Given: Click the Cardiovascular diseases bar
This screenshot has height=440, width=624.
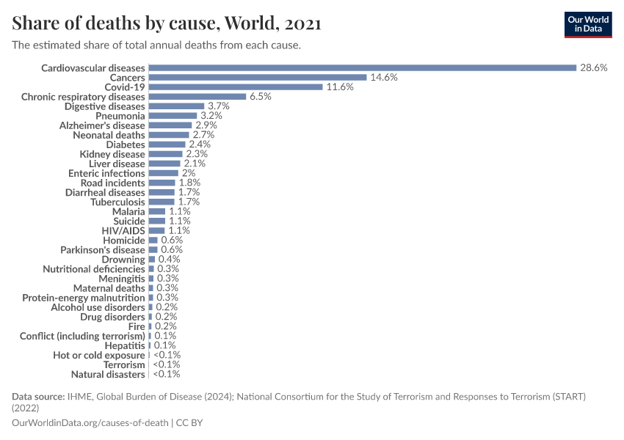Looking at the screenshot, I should tap(362, 67).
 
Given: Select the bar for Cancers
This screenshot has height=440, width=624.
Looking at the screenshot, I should tap(257, 77).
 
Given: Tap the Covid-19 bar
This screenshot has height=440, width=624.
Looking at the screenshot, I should tap(235, 87).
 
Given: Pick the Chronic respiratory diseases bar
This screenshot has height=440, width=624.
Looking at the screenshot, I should tap(197, 96).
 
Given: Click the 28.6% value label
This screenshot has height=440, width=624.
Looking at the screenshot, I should tap(594, 67).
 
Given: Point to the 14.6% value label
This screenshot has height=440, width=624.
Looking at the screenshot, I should tap(384, 77).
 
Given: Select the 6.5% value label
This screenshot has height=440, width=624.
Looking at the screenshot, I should tap(261, 96).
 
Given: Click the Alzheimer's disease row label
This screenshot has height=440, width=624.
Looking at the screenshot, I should tap(102, 125).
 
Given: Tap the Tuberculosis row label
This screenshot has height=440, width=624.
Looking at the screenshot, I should tap(117, 202).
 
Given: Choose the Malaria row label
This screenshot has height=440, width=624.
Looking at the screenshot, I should tap(128, 211).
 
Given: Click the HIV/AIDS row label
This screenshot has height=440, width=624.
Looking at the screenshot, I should tap(123, 230).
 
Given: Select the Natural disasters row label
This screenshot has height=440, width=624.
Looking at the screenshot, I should tap(108, 374).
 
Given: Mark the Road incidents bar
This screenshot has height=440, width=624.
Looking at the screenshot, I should tap(162, 183).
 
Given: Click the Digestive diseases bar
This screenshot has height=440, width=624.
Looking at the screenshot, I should tap(176, 106).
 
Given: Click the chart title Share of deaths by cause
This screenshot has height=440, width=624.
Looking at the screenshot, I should tap(166, 23).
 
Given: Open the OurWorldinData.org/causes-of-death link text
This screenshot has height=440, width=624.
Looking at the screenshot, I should tap(90, 422).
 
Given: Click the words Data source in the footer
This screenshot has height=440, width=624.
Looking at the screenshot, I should tap(37, 397).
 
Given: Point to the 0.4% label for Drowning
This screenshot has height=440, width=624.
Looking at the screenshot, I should tap(169, 259).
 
